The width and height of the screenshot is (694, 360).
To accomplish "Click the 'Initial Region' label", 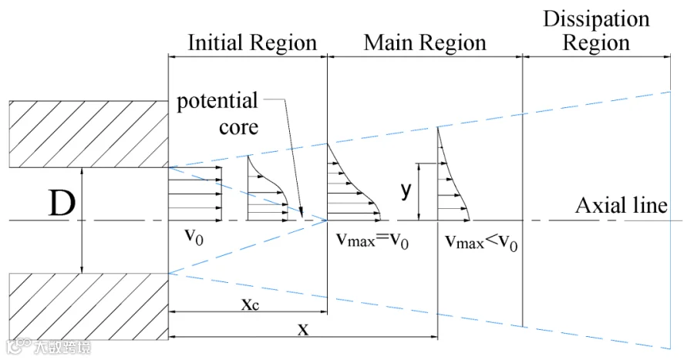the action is (252, 43).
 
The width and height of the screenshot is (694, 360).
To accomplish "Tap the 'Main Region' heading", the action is (425, 43).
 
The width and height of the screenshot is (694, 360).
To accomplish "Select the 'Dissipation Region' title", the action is (596, 31).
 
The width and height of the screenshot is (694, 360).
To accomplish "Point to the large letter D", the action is (62, 204).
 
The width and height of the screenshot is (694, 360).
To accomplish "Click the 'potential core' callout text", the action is (217, 114).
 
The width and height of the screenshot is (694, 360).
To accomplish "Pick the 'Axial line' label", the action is (621, 206).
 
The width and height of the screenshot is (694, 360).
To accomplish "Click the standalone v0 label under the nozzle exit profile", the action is (194, 236).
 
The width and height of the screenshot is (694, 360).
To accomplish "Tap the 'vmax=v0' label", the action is (372, 241).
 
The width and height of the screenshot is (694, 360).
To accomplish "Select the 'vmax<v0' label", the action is (481, 242).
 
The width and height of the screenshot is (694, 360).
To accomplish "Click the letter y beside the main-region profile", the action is (406, 190).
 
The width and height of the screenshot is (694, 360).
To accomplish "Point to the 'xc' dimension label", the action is (250, 304).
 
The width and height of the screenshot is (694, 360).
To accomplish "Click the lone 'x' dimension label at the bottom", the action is (303, 329).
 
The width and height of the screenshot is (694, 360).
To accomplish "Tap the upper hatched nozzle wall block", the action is (89, 134).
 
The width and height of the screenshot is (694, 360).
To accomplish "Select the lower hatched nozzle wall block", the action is (89, 307).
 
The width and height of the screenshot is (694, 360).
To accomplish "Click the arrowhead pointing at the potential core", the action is (302, 214).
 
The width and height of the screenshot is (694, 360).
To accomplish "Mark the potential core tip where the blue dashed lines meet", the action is (327, 220).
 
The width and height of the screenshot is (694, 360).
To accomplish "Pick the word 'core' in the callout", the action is (238, 127).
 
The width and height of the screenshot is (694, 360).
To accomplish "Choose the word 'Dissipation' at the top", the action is (596, 20).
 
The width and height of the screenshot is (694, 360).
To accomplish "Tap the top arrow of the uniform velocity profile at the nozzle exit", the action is (195, 167).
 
